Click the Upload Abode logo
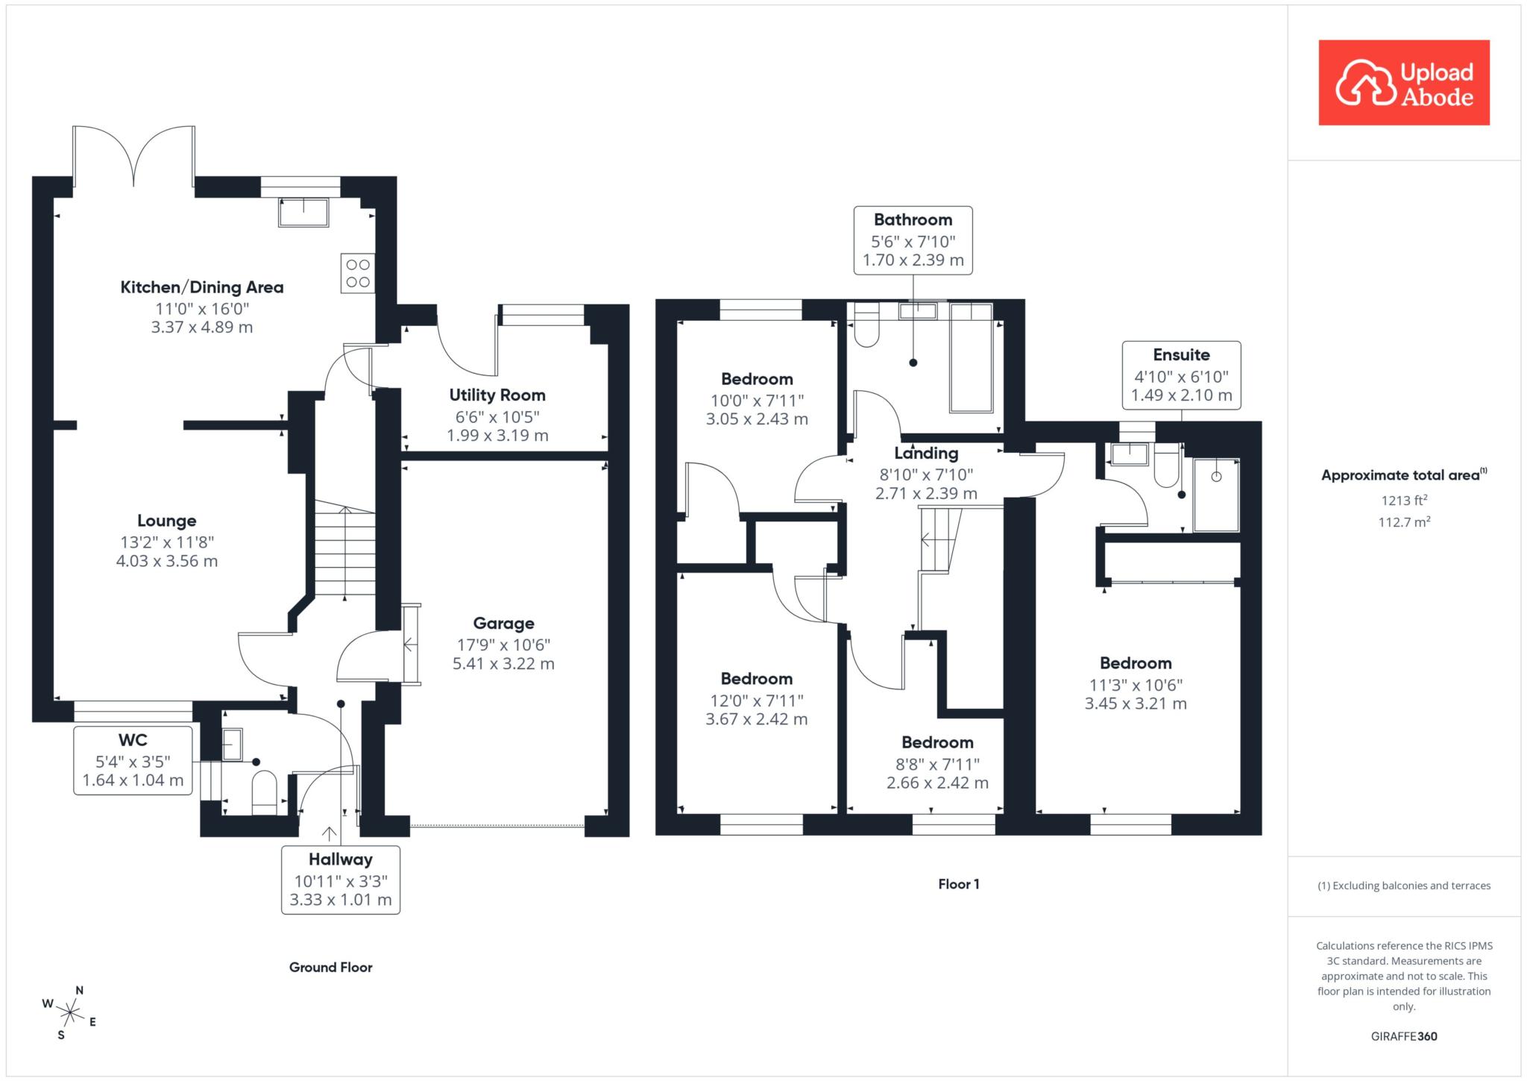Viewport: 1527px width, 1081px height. [x=1404, y=83]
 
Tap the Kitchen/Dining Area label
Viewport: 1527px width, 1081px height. [x=202, y=287]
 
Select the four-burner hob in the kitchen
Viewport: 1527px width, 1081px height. [x=358, y=273]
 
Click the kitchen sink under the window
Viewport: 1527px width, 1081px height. [x=303, y=213]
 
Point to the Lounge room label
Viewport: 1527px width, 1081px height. [x=167, y=521]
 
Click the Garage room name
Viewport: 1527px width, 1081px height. [x=504, y=624]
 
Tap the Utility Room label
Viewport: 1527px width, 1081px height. [x=497, y=395]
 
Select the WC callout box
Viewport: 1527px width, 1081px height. [x=133, y=760]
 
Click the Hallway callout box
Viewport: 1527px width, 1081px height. [x=341, y=880]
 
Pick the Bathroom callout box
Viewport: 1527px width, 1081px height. [x=913, y=240]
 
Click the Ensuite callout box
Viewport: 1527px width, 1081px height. [x=1182, y=375]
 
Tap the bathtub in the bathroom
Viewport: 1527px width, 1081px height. [x=972, y=357]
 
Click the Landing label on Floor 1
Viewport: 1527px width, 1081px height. [x=927, y=453]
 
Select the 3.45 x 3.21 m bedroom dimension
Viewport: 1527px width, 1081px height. [x=1136, y=704]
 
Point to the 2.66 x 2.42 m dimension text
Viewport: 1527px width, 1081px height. [x=937, y=783]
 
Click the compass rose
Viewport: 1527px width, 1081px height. [x=70, y=1012]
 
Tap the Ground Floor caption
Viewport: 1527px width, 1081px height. [x=331, y=968]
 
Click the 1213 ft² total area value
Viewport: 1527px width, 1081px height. [x=1404, y=501]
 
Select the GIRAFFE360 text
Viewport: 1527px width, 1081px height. [x=1404, y=1036]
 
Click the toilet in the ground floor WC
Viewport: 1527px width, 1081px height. [x=265, y=793]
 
